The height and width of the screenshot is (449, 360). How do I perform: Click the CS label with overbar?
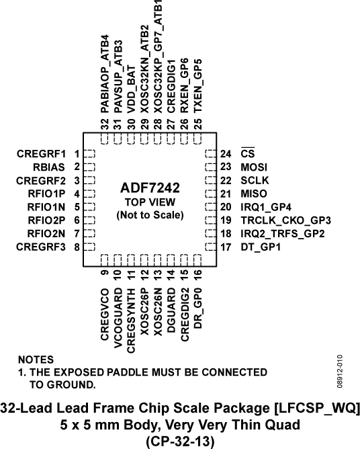246,154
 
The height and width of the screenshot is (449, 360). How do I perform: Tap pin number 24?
225,154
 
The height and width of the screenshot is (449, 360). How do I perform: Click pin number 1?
77,154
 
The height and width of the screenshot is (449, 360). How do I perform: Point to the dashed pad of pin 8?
90,247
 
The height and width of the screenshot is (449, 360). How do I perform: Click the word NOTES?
36,360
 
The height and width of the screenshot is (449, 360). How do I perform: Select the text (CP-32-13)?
179,440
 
